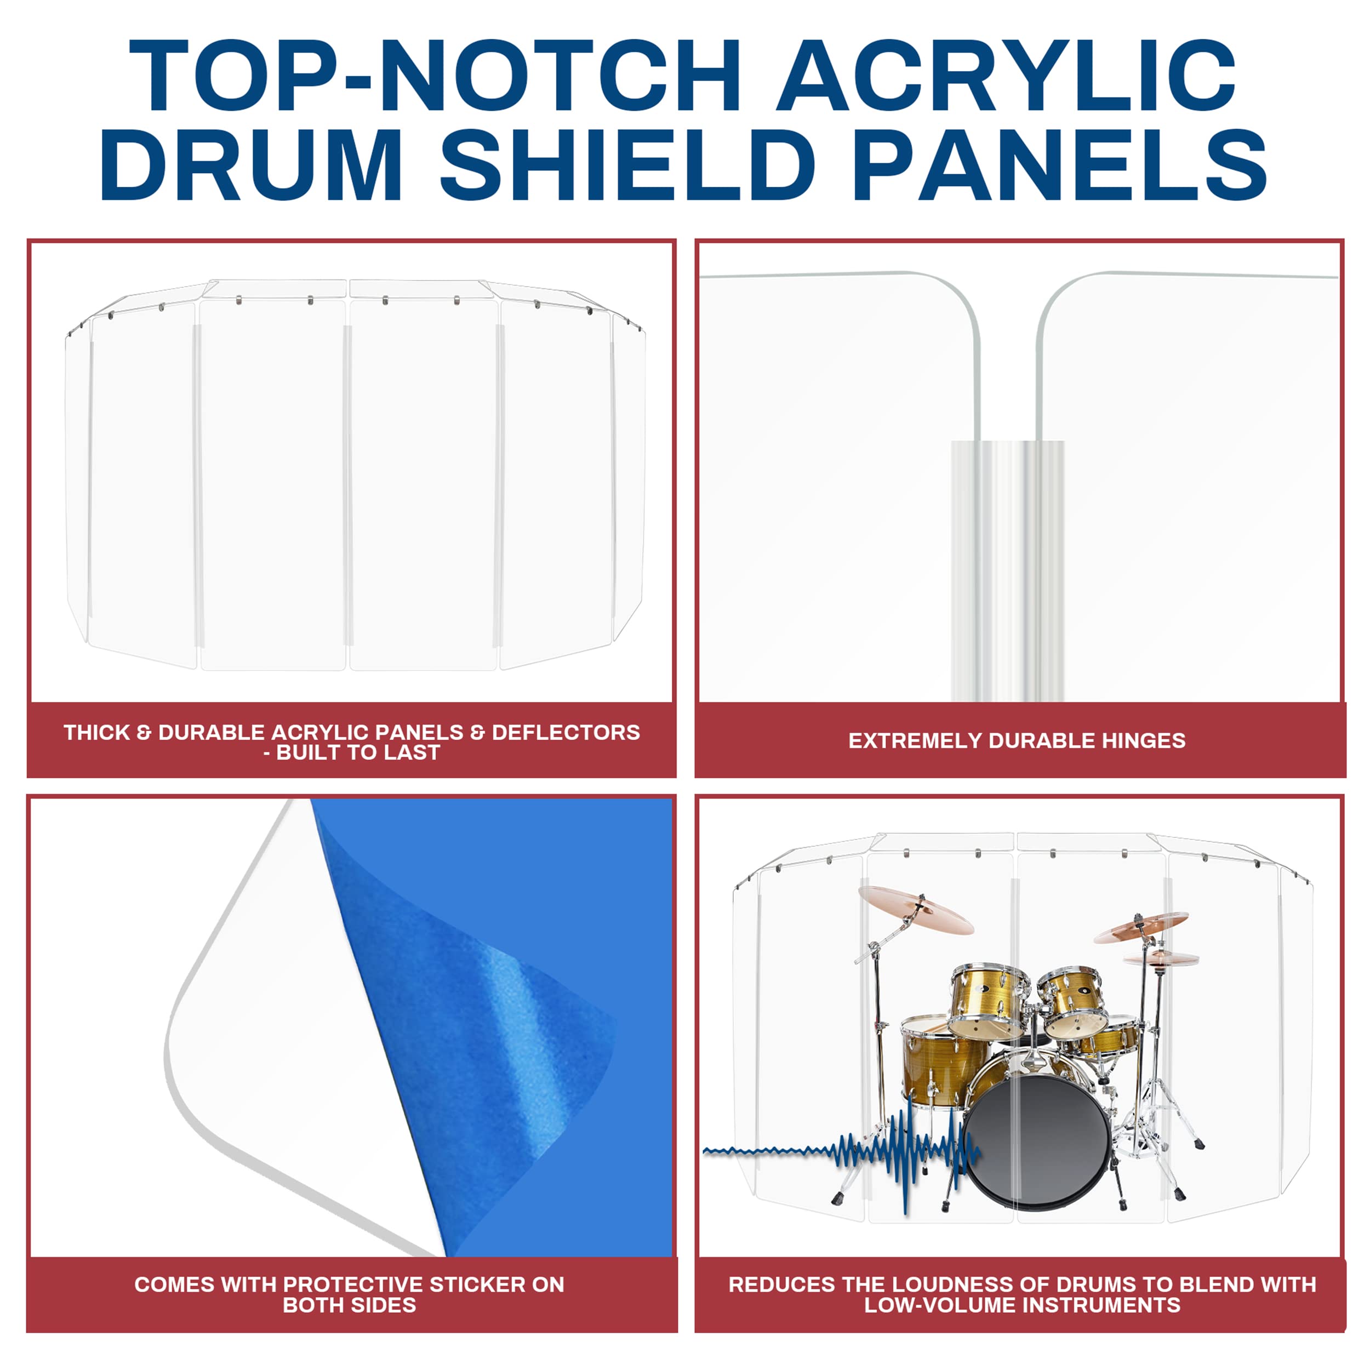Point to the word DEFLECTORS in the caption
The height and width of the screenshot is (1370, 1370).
tap(566, 732)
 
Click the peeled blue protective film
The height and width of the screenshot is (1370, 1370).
tap(489, 1028)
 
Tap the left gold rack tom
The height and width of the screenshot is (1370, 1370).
tap(989, 1000)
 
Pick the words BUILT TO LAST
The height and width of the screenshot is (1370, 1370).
tap(358, 752)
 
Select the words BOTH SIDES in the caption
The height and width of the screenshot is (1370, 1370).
tap(349, 1305)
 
